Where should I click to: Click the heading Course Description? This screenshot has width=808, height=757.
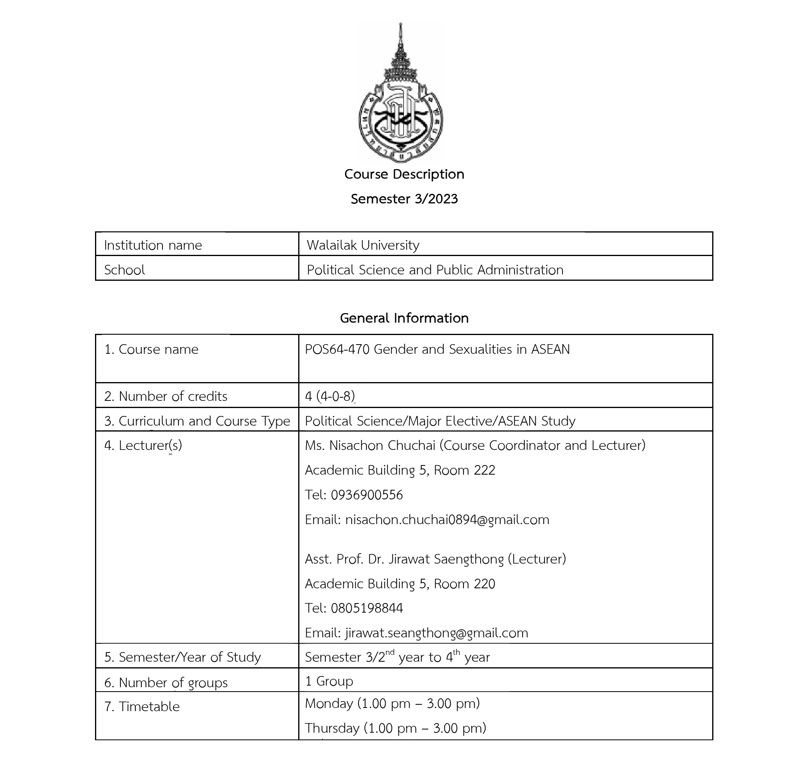(404, 174)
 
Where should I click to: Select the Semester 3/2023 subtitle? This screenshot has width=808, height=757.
(404, 199)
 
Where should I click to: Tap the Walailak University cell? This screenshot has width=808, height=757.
(362, 245)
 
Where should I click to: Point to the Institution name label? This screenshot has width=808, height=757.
(153, 245)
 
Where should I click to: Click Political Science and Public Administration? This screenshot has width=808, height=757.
(435, 270)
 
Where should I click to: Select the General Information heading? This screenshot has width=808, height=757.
(404, 318)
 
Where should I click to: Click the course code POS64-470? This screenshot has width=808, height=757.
(337, 350)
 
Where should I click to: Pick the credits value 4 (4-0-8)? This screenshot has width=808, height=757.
(330, 396)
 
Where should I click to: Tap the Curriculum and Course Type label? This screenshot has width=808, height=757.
(197, 421)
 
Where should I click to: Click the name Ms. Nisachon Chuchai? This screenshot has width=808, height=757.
(370, 446)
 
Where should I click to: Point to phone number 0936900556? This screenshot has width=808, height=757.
(366, 495)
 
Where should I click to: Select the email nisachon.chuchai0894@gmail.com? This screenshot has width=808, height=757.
(447, 520)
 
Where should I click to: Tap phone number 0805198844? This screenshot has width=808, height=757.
(366, 608)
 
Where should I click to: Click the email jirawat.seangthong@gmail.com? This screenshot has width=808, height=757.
(436, 633)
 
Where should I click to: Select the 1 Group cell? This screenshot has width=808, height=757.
(329, 681)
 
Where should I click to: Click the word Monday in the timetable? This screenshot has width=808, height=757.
(329, 704)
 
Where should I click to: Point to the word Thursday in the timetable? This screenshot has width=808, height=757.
(332, 728)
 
